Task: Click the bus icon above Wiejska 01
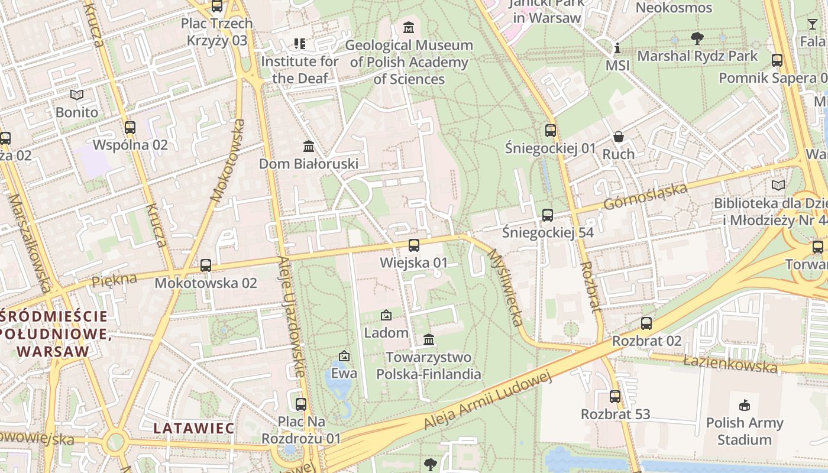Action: (x=414, y=245)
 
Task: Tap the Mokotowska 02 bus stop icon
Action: (x=206, y=265)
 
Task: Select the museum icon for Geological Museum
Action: (x=409, y=27)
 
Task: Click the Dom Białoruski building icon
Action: (x=309, y=146)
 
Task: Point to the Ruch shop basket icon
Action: (x=619, y=137)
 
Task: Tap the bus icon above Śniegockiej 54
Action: (x=548, y=215)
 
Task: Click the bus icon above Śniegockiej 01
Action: (x=551, y=130)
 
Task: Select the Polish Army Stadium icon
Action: (x=744, y=406)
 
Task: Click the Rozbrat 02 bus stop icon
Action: (x=646, y=323)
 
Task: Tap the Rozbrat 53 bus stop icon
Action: (x=615, y=397)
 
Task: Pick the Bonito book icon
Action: (x=77, y=95)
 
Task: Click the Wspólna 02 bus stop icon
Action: (x=130, y=127)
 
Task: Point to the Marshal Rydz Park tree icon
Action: (x=697, y=38)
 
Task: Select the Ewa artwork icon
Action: (x=344, y=356)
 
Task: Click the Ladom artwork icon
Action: (x=386, y=315)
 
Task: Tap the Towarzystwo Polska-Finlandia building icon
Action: (x=429, y=340)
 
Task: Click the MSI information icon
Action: (x=617, y=48)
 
